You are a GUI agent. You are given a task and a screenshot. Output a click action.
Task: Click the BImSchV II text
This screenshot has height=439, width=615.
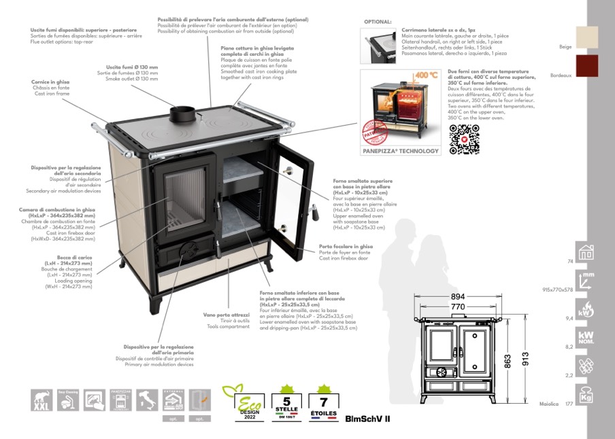(x=367, y=419)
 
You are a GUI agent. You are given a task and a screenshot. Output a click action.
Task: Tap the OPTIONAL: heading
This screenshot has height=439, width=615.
(x=378, y=22)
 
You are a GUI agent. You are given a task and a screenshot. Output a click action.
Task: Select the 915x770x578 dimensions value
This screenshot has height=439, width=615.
(x=558, y=289)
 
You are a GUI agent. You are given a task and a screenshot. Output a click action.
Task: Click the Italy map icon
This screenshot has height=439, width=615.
(x=147, y=400)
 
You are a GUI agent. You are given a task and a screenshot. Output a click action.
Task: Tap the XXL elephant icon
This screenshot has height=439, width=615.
(x=42, y=400)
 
